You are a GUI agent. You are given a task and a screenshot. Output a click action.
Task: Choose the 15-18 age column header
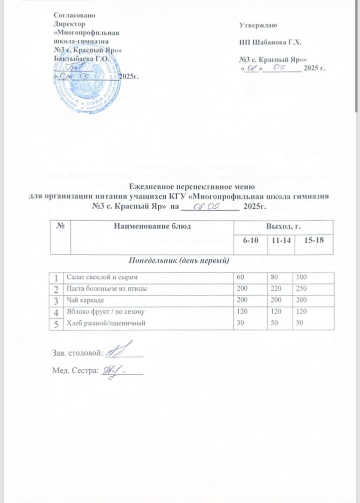pos(315,241)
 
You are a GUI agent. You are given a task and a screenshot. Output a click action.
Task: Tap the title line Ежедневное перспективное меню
pos(179,187)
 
